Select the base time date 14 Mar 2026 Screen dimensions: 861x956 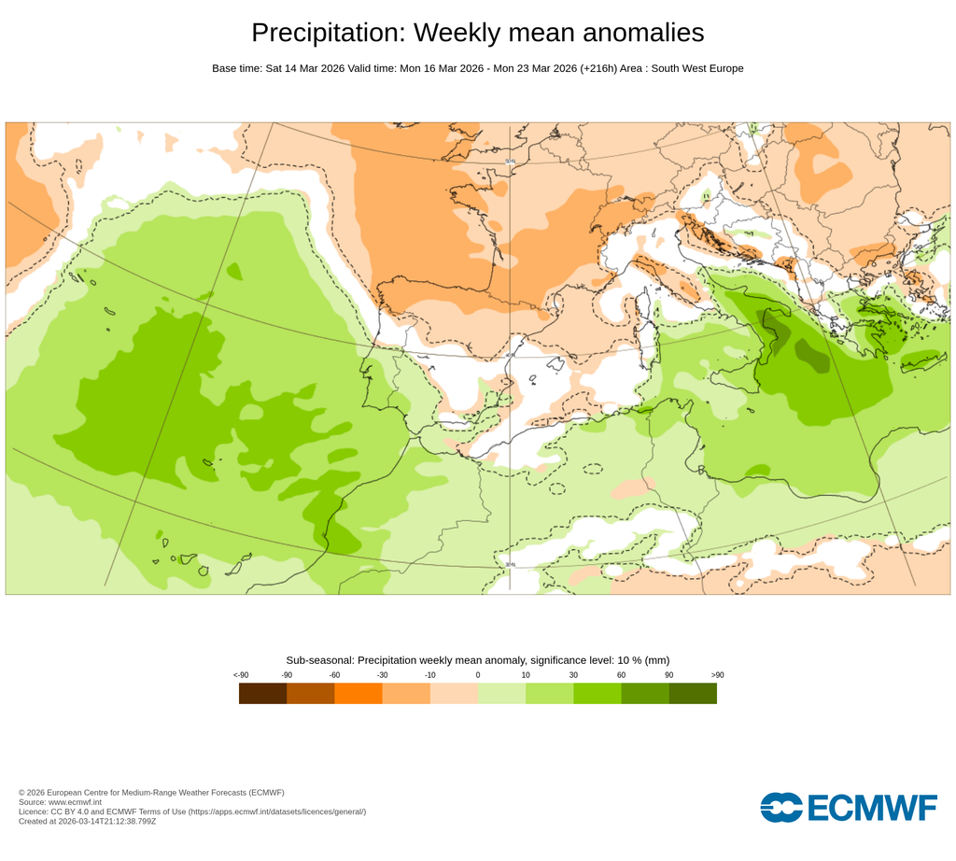pos(304,68)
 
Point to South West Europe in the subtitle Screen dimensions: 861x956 pos(696,68)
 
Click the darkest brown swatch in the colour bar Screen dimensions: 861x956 pos(262,693)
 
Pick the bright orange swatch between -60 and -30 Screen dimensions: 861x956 pos(358,693)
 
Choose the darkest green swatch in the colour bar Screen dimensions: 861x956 pos(693,693)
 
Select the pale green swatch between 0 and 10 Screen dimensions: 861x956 pos(501,693)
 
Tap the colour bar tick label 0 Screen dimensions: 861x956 pos(478,674)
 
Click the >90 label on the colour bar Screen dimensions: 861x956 pos(717,674)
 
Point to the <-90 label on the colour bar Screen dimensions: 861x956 pos(241,674)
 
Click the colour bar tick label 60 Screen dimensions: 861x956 pos(621,674)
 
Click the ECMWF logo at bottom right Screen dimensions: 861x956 pos(848,807)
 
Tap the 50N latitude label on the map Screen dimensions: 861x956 pos(510,162)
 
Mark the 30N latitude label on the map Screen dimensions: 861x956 pos(510,564)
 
